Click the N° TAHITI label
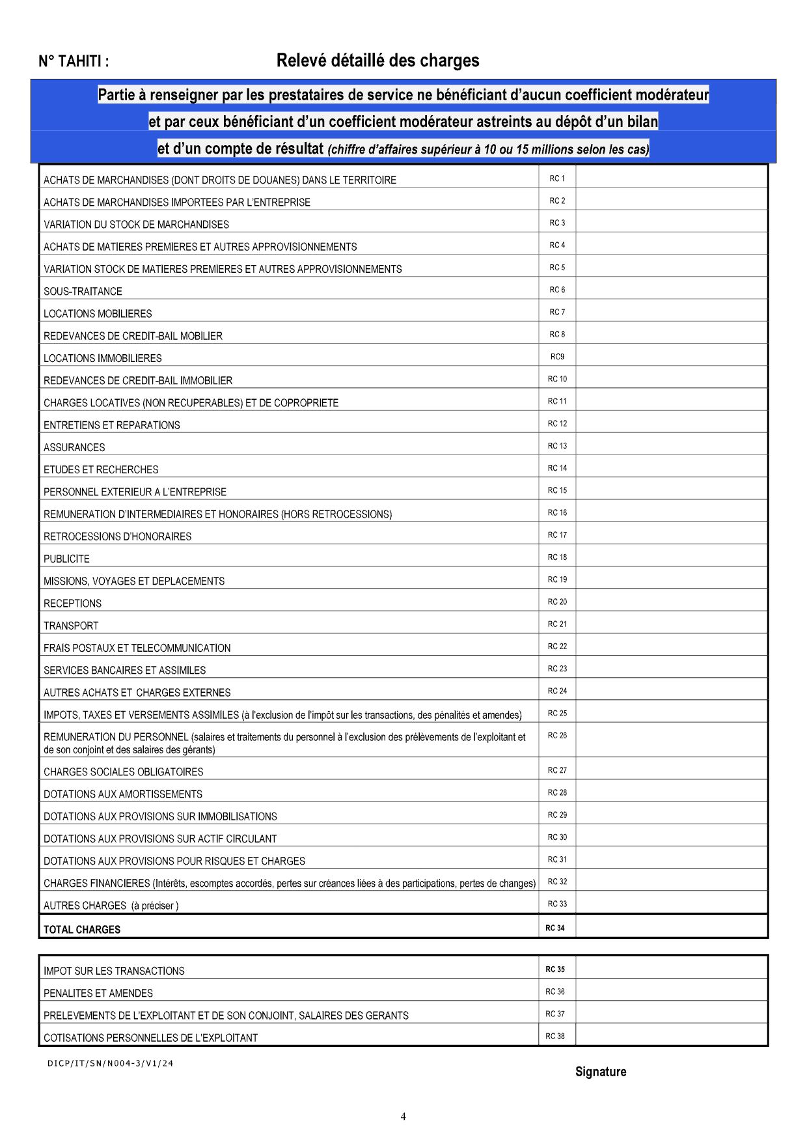click(74, 61)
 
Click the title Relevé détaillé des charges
click(377, 61)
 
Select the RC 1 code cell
click(557, 178)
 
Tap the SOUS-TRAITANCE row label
click(83, 291)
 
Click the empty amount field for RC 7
click(671, 311)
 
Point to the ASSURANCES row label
click(74, 447)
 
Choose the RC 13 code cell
click(557, 446)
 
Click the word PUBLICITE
click(66, 559)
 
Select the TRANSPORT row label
click(71, 626)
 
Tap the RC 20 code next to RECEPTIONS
click(557, 602)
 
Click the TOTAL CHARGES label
click(82, 929)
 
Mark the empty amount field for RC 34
click(671, 926)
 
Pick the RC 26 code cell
click(557, 736)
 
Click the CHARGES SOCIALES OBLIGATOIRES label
click(123, 772)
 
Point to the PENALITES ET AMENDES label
click(98, 993)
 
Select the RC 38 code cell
click(555, 1036)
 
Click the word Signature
click(601, 1072)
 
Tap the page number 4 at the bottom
click(403, 1117)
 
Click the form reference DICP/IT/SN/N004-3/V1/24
click(111, 1063)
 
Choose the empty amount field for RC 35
click(671, 968)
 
